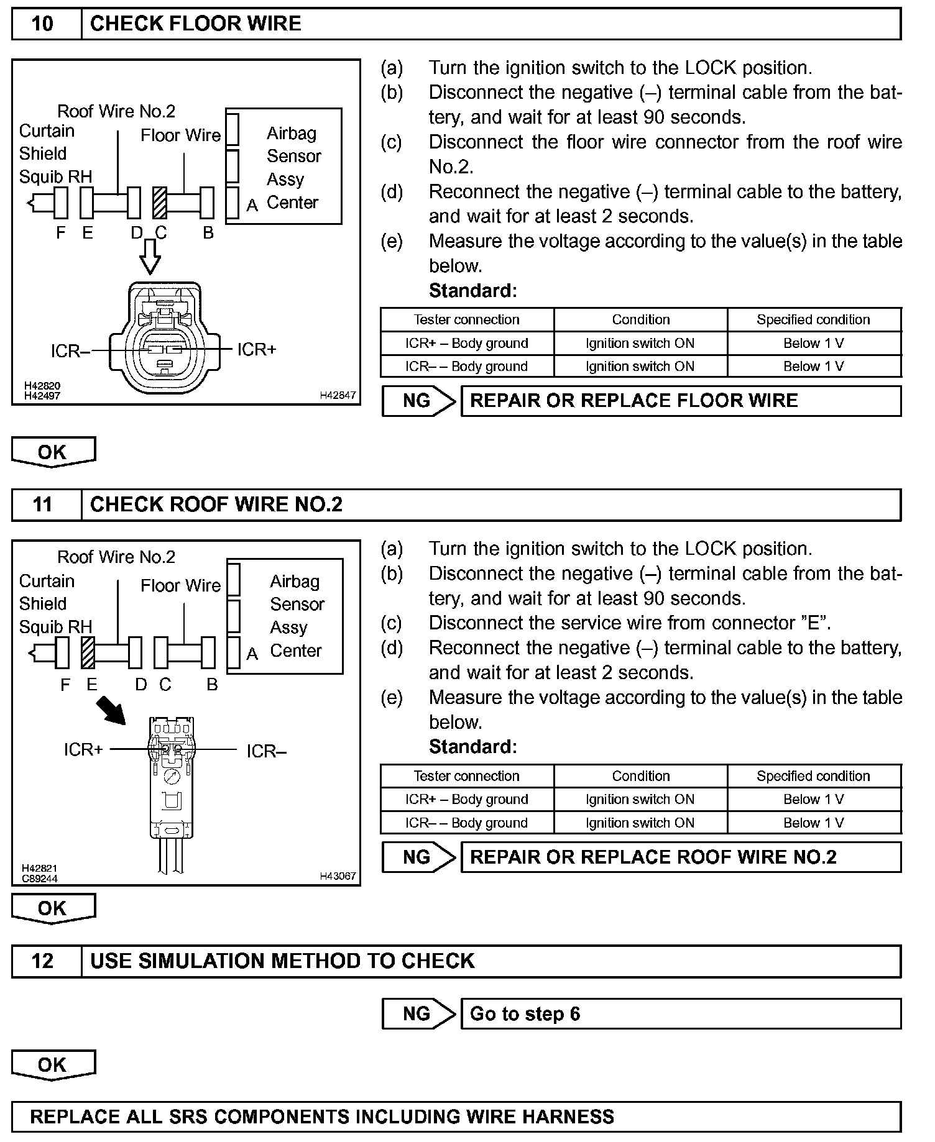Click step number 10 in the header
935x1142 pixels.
42,24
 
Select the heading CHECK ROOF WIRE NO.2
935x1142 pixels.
216,505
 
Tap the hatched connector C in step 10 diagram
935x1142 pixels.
160,203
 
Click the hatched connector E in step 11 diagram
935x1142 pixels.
88,653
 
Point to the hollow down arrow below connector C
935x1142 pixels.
150,256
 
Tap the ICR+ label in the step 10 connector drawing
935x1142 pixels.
256,350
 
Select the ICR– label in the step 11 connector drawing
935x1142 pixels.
266,752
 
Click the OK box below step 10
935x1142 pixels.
53,452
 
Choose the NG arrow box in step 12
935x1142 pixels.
418,1014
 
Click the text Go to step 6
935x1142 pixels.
525,1014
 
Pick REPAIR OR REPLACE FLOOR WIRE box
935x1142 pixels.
680,401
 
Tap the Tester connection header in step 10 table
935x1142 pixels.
466,320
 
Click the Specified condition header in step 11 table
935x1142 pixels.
813,776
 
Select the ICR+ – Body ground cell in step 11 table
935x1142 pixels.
466,800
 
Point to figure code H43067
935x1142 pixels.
338,876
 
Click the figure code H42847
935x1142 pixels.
338,395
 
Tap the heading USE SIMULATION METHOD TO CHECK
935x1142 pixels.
282,961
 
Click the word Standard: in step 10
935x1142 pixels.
472,291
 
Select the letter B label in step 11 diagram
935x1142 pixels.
212,685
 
